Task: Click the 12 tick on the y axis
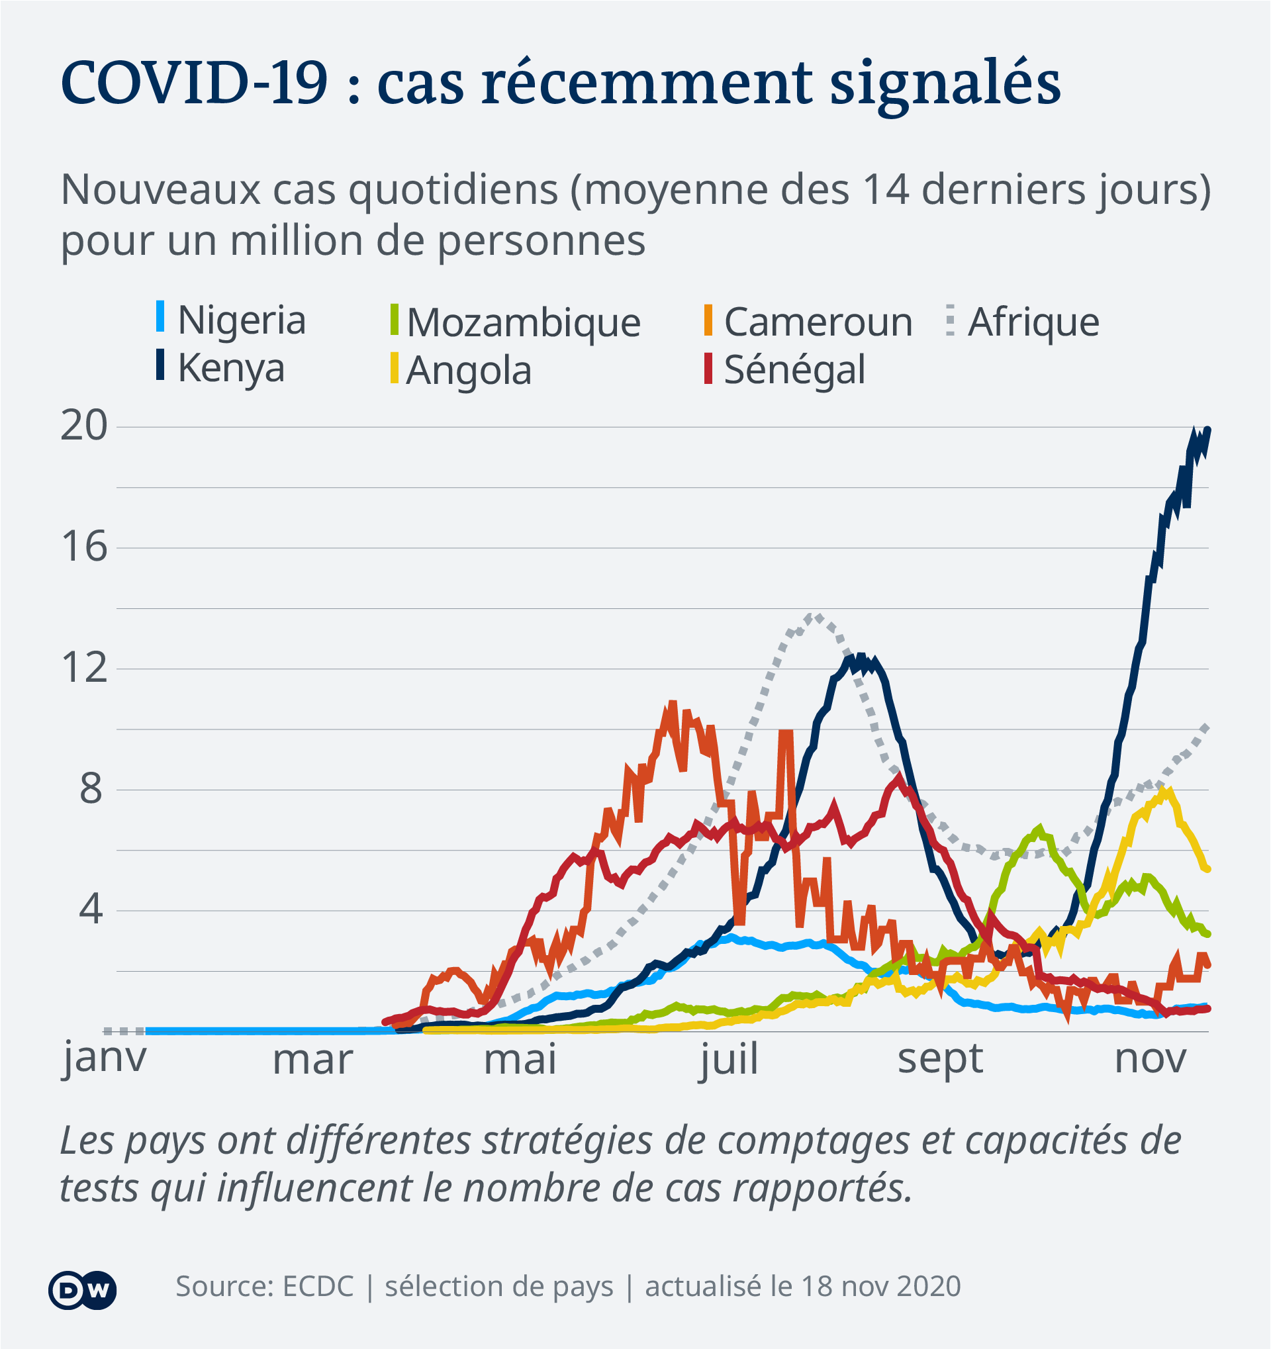(84, 668)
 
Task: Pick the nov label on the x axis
(1151, 1058)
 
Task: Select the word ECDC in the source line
(318, 1287)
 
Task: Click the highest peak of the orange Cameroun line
(673, 704)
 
